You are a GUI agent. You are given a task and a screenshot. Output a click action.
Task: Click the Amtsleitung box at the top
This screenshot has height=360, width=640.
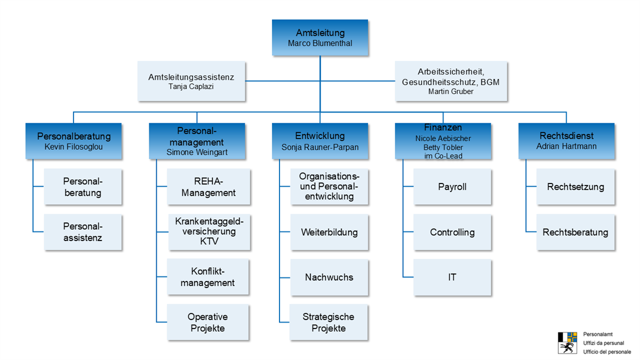click(320, 37)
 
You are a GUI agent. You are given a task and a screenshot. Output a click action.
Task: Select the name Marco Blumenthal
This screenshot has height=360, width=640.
click(320, 44)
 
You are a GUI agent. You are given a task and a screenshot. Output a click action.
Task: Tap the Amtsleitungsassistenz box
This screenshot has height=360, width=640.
click(191, 81)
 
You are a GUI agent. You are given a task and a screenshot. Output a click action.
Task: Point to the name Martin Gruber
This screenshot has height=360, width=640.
click(451, 91)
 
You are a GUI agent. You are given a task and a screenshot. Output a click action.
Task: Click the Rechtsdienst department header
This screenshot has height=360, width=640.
click(566, 141)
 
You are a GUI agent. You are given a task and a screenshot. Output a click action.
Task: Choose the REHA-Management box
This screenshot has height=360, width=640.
click(209, 187)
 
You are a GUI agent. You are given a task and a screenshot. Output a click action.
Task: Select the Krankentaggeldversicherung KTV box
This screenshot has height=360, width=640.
click(209, 231)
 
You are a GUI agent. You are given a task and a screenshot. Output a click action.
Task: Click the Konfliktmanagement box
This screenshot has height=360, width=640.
click(208, 277)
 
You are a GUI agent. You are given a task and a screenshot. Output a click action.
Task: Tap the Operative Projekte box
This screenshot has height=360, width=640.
click(208, 322)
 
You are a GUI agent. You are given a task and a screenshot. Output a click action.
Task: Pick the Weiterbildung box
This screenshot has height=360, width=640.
click(329, 233)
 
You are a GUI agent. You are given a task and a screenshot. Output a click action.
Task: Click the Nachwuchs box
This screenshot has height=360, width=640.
click(329, 277)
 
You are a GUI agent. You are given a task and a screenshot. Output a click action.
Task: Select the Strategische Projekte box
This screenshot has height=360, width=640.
click(329, 322)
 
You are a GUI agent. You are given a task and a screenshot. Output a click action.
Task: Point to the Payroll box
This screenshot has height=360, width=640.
click(452, 187)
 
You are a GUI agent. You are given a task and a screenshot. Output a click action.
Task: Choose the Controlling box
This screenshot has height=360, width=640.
click(452, 233)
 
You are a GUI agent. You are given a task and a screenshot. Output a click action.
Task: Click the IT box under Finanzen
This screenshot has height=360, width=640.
click(452, 277)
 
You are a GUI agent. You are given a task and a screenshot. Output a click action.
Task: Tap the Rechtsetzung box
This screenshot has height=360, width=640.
click(575, 187)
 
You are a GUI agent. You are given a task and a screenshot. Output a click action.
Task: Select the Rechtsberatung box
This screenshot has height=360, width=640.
click(575, 233)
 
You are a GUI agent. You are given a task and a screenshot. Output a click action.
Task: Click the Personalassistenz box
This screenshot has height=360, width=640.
click(83, 232)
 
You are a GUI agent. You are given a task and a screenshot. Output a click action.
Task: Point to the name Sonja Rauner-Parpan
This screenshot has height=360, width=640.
click(320, 147)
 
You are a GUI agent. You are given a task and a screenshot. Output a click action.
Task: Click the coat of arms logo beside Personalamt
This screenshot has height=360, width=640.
click(567, 342)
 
